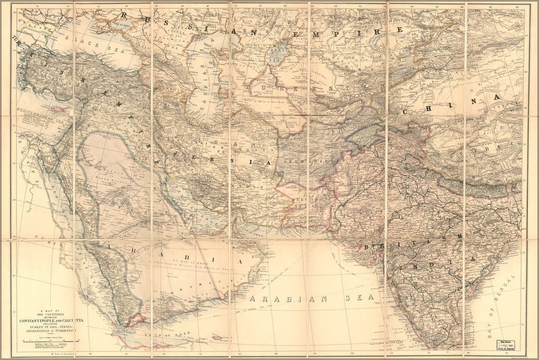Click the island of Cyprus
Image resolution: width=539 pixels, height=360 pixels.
(x=61, y=110)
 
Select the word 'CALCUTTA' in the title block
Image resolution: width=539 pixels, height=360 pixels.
(x=79, y=321)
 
